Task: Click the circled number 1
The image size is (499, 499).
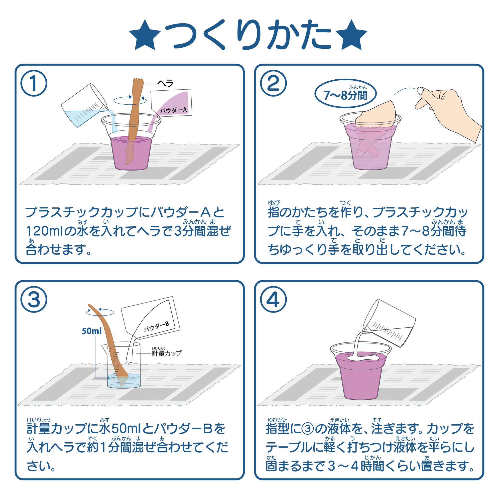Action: click(34, 83)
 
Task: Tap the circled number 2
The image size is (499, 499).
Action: click(273, 83)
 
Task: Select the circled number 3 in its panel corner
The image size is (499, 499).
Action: click(34, 300)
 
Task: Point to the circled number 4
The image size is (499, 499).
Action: click(273, 300)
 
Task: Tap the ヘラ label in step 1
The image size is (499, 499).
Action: click(166, 83)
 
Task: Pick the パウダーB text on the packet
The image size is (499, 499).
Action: click(156, 327)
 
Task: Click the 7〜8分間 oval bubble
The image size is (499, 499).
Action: click(345, 93)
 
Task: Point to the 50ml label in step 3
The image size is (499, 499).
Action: click(92, 331)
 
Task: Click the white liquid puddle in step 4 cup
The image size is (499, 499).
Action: click(363, 358)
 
